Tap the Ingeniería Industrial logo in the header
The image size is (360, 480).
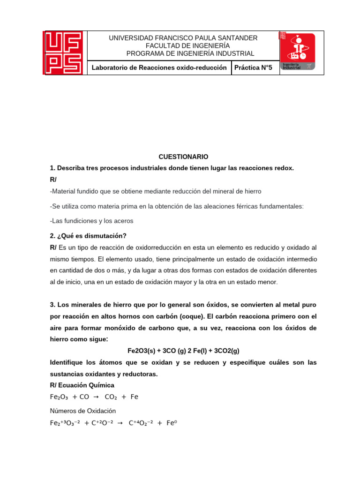(x=298, y=51)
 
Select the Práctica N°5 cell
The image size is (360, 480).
(x=253, y=68)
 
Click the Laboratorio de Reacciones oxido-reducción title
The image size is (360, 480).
(x=159, y=68)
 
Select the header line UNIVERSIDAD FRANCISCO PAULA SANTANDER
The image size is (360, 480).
(x=183, y=38)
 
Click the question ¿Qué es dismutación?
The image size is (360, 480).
(x=91, y=235)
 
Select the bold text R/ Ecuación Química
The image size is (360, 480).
(x=82, y=385)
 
